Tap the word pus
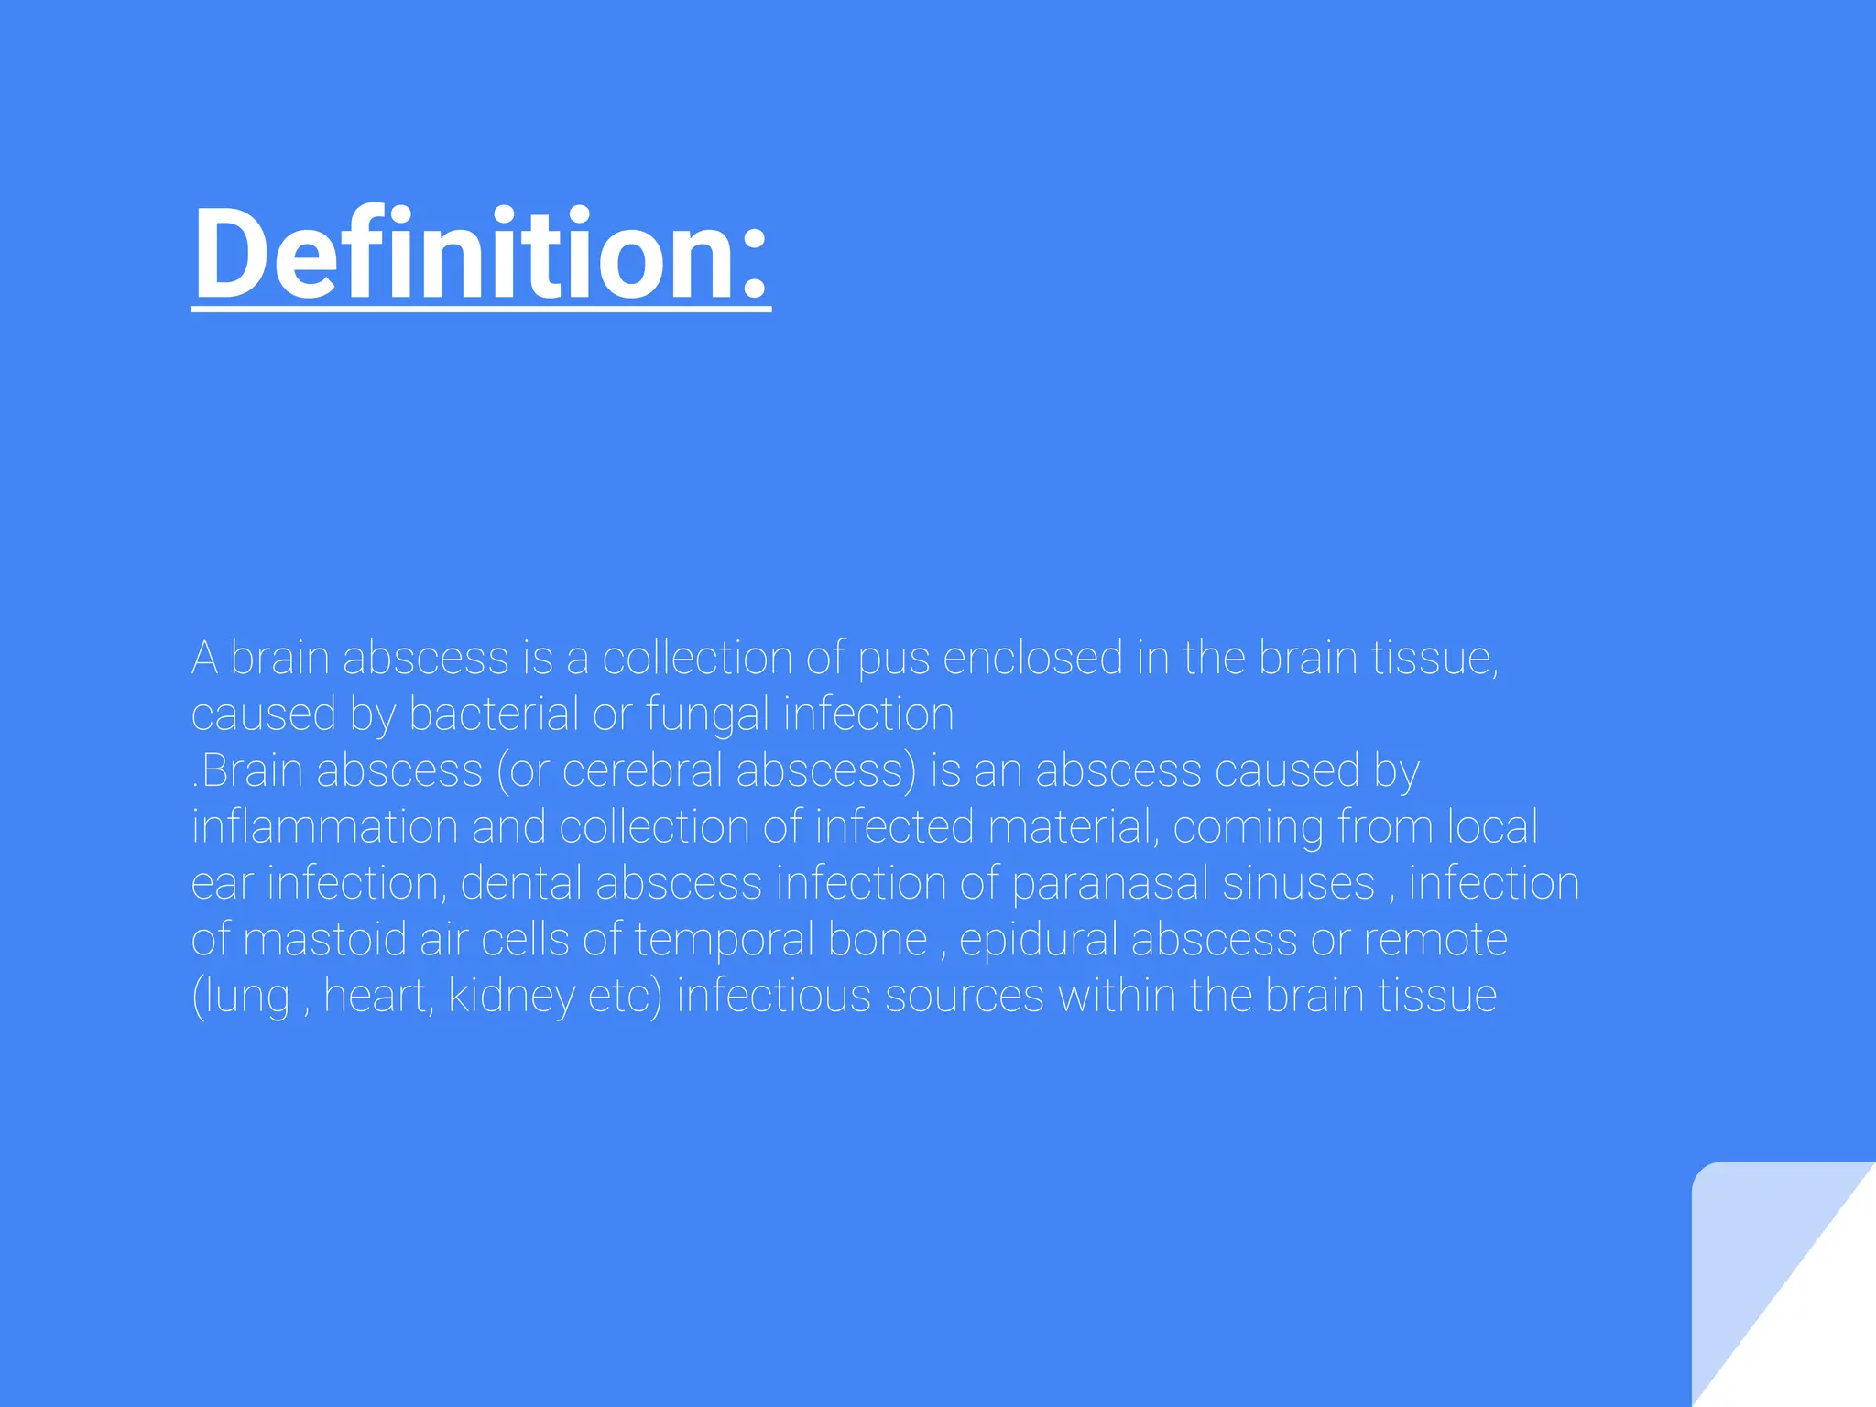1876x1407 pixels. pos(893,659)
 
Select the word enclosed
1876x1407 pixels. pos(1032,659)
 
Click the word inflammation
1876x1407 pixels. pos(324,827)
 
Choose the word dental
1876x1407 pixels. pos(520,884)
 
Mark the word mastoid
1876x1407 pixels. pos(325,940)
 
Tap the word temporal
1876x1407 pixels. pos(724,940)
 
